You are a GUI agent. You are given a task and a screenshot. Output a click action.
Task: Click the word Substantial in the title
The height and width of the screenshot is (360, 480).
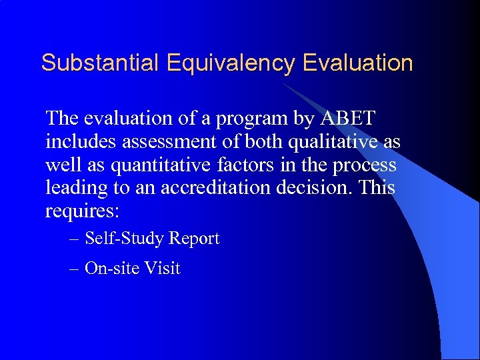99,63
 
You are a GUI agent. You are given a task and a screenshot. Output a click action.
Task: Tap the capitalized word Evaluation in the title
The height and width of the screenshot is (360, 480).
358,63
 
